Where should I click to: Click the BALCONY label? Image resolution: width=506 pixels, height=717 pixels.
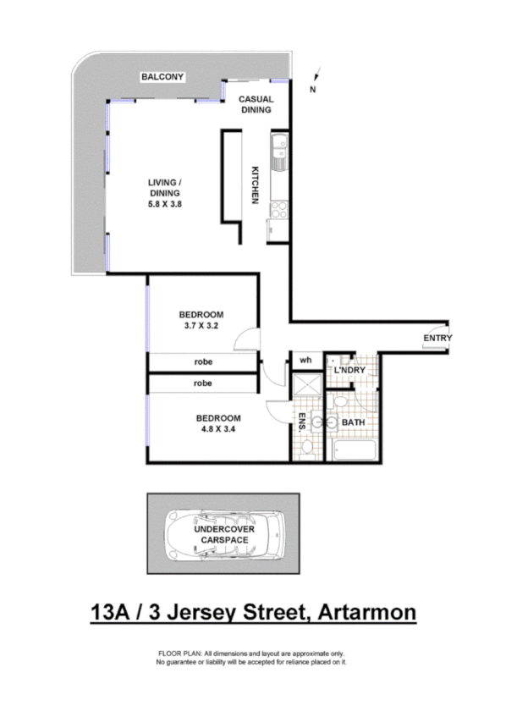click(163, 77)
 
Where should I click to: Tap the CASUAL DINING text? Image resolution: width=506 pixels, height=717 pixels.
click(255, 104)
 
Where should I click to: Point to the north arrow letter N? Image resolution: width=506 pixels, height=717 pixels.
click(313, 89)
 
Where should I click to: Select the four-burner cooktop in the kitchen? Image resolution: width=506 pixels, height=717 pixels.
click(278, 207)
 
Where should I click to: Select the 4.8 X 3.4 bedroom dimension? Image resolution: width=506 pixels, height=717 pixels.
click(218, 429)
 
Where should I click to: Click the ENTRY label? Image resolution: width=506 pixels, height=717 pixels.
click(438, 339)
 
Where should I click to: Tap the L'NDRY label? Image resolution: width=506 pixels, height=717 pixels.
click(349, 371)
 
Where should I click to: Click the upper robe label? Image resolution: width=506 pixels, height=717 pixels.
click(202, 361)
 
